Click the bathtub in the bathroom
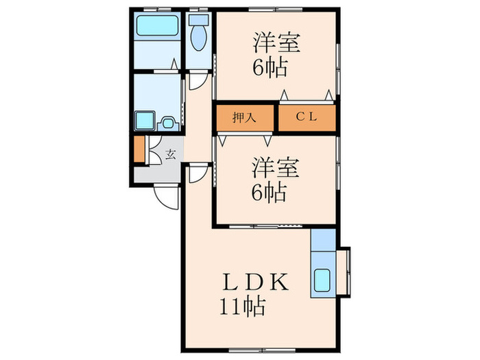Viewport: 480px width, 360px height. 156,28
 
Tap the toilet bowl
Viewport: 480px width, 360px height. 200,39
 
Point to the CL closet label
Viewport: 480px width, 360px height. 307,117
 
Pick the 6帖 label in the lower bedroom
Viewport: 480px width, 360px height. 268,193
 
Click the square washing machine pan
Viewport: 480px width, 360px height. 145,121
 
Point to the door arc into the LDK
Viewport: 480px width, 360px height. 197,173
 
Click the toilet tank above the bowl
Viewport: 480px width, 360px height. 200,21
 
